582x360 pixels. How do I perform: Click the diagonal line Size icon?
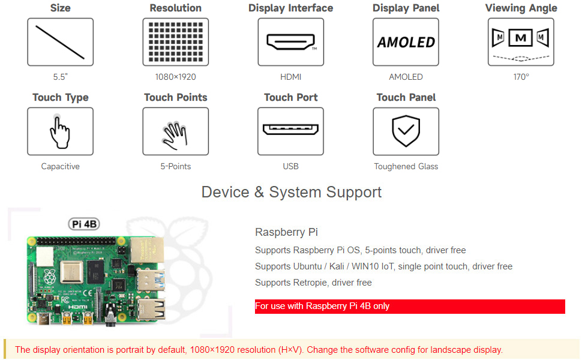point(60,42)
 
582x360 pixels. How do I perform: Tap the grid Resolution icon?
point(175,42)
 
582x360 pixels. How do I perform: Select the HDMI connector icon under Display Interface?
point(290,42)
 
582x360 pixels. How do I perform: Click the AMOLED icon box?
point(406,42)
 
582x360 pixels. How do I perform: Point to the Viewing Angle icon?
point(521,42)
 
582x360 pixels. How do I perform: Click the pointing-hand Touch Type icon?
point(60,131)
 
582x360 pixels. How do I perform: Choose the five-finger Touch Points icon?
point(175,131)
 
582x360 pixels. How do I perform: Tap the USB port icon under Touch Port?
point(290,131)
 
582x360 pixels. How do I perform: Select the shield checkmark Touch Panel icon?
point(406,131)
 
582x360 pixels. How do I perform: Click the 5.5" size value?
point(60,77)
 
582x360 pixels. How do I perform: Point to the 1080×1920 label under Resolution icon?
point(175,77)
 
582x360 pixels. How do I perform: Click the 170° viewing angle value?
point(521,77)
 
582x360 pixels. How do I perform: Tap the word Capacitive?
point(60,166)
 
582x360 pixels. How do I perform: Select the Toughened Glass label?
point(406,166)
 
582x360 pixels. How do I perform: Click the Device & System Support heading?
point(291,192)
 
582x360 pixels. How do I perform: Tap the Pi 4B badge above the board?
point(83,224)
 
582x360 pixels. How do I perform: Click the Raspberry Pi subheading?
point(286,232)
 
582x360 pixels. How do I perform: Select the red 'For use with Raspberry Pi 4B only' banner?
point(410,306)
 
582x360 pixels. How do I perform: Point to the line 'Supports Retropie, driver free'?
point(313,283)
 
